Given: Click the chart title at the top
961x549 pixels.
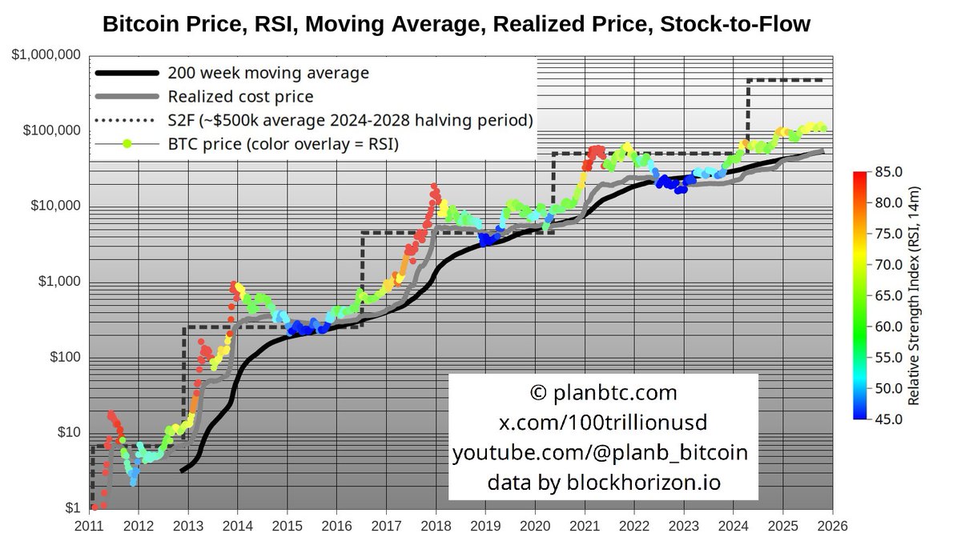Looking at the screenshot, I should [x=456, y=25].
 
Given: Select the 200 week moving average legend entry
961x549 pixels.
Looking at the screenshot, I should [x=268, y=73].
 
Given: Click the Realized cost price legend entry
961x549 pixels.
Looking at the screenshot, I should [x=240, y=97].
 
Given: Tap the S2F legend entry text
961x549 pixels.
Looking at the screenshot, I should [x=351, y=120].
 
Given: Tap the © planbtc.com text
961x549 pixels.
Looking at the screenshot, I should [x=602, y=393].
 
